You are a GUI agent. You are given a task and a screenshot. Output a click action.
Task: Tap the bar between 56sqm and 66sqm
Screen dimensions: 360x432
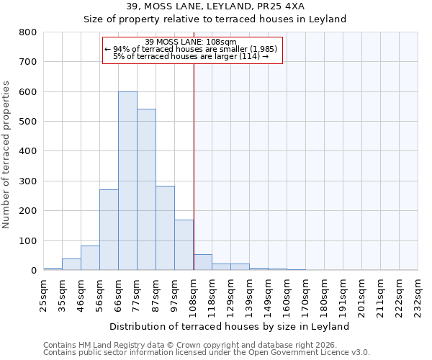pos(109,230)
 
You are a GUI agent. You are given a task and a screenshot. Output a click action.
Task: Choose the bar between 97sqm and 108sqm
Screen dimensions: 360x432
pos(184,246)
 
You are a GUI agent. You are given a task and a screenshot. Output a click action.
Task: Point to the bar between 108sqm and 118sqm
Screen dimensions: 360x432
pos(202,263)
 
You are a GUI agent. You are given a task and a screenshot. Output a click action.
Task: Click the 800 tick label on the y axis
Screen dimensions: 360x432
pos(28,32)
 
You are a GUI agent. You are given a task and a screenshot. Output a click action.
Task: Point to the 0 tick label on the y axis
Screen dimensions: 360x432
pos(33,271)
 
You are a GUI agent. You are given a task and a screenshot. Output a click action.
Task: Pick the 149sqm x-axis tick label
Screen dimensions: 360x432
pos(268,295)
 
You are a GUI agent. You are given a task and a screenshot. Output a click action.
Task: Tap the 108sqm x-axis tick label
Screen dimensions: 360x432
pos(193,295)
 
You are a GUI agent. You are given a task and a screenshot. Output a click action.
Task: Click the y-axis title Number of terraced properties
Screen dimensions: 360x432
pos(6,155)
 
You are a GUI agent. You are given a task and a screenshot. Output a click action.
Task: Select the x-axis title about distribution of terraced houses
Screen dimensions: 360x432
pos(230,326)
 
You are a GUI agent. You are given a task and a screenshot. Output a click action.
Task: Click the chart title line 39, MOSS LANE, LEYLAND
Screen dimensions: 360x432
pos(215,6)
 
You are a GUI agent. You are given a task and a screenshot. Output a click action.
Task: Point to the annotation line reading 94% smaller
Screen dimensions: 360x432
pos(191,49)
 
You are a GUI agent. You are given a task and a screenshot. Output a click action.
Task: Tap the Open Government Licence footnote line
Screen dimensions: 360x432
pos(207,352)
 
